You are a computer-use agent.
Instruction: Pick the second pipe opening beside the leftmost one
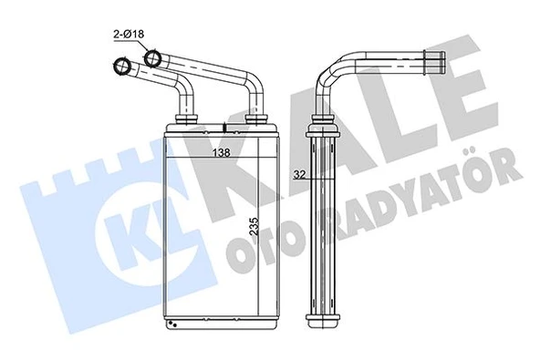[152, 60]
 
